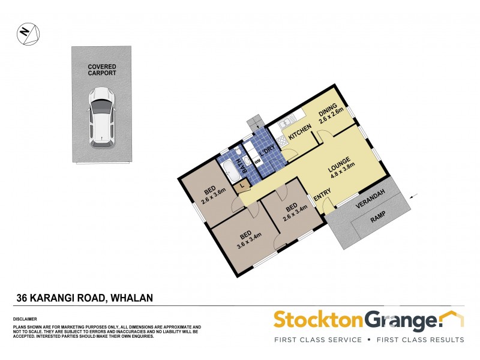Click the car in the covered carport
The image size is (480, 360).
point(101,117)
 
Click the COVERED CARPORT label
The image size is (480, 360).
point(101,70)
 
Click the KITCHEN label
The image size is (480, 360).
point(299,132)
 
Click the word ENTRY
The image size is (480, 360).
point(322,193)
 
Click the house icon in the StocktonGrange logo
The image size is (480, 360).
point(451,318)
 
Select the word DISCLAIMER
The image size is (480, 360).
point(25,319)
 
